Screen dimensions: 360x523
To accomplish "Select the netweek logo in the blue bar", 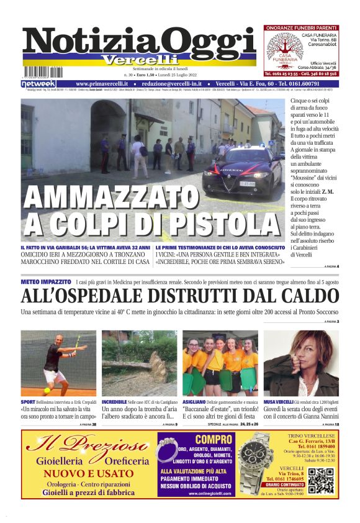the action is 38,83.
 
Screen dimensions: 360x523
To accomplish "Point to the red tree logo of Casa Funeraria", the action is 284,50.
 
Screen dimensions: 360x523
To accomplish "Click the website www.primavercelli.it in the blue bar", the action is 102,83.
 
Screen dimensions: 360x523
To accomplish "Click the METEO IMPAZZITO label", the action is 45,281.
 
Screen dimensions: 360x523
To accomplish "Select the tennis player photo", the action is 58,363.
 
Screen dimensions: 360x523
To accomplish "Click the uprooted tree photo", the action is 140,363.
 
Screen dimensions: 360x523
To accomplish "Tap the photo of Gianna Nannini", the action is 301,363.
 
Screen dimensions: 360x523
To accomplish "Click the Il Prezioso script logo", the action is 86,444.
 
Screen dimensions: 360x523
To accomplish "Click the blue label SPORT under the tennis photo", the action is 28,402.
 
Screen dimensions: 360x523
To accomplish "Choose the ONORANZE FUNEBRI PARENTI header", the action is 301,27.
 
